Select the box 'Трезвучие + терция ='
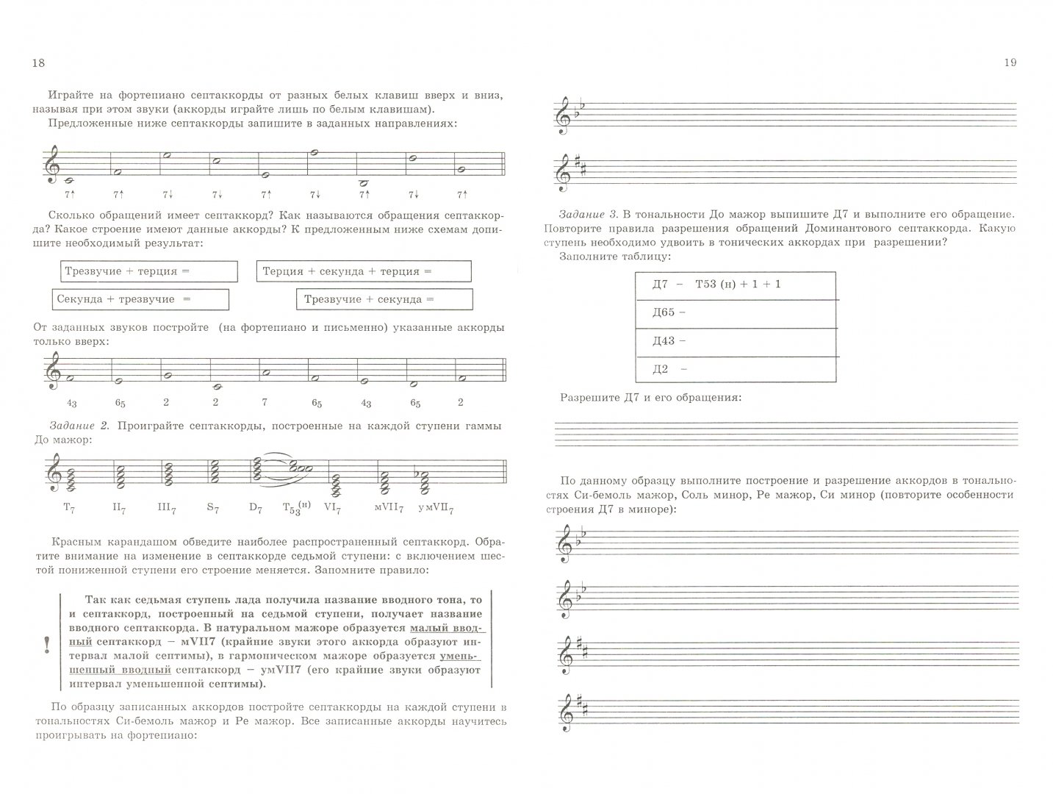click(149, 271)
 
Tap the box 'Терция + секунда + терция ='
click(363, 271)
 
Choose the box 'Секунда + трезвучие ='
click(140, 299)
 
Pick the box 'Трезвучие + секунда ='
click(384, 299)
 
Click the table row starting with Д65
click(734, 312)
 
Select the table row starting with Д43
click(734, 341)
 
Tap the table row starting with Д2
click(734, 369)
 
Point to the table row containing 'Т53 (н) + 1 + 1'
click(734, 285)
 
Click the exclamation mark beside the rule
click(47, 645)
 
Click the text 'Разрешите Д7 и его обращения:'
click(650, 398)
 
